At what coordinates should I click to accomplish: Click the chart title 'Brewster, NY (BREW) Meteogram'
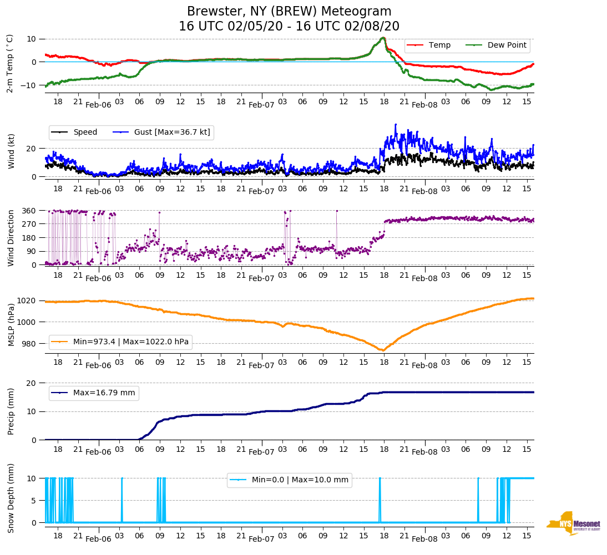289,12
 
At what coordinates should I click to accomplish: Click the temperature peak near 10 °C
383,38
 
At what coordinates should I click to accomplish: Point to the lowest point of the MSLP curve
382,350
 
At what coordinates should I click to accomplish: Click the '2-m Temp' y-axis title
10,63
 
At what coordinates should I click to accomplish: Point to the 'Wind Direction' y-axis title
10,237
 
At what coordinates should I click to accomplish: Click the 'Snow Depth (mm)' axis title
10,498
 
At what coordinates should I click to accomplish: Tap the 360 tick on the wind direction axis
29,211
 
